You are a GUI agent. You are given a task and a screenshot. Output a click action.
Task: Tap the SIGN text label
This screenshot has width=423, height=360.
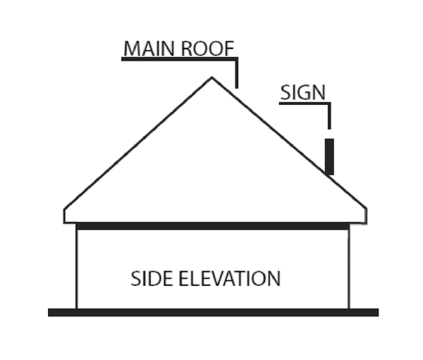[x=302, y=92]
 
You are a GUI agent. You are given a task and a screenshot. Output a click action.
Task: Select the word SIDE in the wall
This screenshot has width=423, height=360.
[x=152, y=278]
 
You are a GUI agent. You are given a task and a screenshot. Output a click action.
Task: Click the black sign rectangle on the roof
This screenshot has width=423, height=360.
[x=329, y=156]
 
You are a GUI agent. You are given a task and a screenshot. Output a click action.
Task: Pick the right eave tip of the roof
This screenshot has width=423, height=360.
[x=366, y=210]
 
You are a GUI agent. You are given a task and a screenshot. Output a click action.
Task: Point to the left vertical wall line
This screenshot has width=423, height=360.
[x=76, y=268]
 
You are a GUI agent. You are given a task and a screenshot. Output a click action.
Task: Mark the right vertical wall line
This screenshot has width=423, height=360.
[x=349, y=268]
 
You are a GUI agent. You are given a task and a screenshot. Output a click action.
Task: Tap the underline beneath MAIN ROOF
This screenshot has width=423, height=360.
[x=176, y=59]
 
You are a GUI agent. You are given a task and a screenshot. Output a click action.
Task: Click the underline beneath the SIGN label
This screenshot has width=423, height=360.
[x=303, y=104]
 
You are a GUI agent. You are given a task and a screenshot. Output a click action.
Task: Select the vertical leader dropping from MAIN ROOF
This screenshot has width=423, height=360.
[x=237, y=74]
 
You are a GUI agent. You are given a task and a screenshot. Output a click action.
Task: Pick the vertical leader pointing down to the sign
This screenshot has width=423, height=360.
[x=329, y=116]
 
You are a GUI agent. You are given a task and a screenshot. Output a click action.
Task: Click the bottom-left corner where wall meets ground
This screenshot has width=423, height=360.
[x=76, y=309]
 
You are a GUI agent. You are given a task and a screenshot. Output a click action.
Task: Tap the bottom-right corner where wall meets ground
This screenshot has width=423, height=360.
[x=349, y=309]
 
